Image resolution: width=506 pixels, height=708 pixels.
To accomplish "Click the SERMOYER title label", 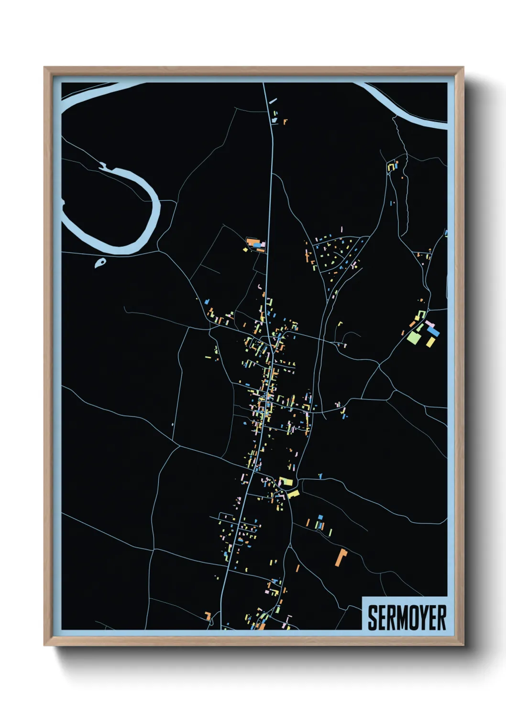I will click(x=407, y=618).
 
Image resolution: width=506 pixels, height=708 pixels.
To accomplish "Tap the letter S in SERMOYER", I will click(x=373, y=618).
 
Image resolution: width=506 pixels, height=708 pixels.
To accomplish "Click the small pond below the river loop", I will click(x=100, y=262).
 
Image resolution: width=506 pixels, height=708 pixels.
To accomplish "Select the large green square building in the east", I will click(x=413, y=337).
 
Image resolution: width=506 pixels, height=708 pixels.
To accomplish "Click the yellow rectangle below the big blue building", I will click(x=430, y=342).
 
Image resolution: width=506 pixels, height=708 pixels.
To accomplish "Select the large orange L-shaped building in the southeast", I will click(x=341, y=558).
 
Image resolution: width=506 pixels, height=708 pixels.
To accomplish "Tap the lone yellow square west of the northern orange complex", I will click(x=245, y=249).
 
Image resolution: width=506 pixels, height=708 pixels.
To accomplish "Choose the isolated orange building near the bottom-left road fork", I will click(x=208, y=616).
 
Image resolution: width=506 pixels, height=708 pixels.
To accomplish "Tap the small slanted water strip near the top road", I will click(x=273, y=101).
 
